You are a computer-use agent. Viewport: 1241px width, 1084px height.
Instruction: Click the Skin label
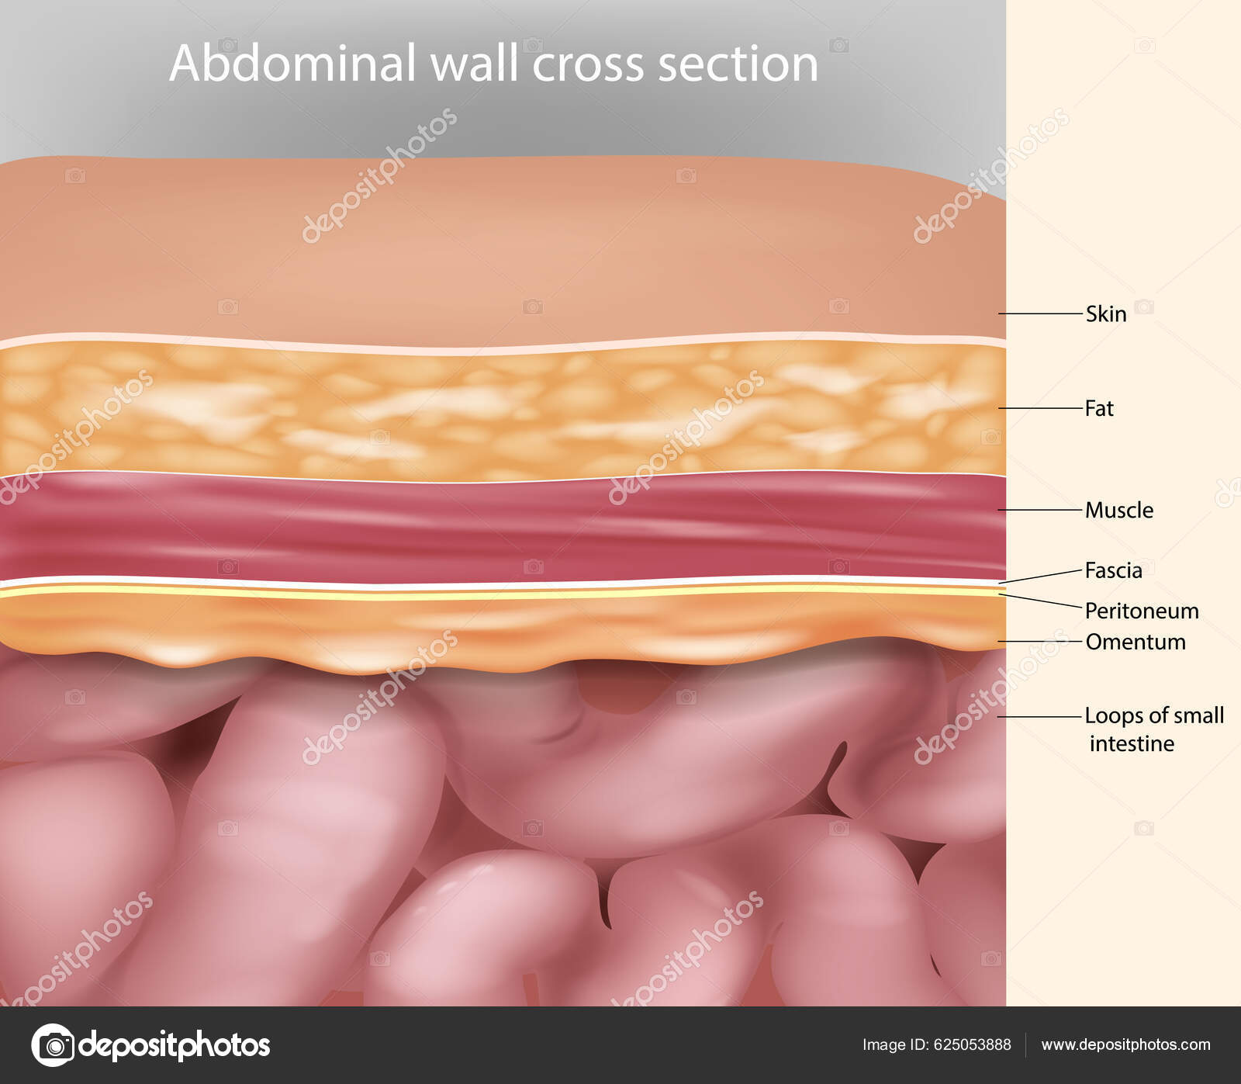pos(1105,313)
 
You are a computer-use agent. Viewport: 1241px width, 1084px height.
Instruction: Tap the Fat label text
pos(1098,408)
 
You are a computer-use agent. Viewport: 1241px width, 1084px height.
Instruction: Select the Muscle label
pos(1118,510)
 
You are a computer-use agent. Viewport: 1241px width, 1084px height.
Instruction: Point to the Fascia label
pos(1113,570)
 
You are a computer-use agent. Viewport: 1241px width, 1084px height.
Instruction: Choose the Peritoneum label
pos(1141,611)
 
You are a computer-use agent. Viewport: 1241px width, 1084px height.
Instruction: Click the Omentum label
pos(1135,642)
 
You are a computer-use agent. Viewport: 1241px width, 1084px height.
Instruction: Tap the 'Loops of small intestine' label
pos(1153,729)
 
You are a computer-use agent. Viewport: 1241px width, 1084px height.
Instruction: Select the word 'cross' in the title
pos(588,64)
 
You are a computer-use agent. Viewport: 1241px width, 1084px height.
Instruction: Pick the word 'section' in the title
pos(738,64)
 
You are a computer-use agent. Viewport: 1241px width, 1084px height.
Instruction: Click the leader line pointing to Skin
pos(1039,313)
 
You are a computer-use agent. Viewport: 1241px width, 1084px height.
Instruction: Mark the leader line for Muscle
pos(1039,510)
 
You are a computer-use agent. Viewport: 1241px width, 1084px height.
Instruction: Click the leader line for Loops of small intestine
pos(1039,716)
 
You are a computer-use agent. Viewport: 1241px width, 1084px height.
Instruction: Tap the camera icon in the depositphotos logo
pos(54,1045)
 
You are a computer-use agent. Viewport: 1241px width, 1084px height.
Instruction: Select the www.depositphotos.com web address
pos(1125,1044)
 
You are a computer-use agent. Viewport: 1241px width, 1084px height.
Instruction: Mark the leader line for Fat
pos(1039,407)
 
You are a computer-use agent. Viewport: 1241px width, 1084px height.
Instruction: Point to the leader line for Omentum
pos(1039,642)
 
